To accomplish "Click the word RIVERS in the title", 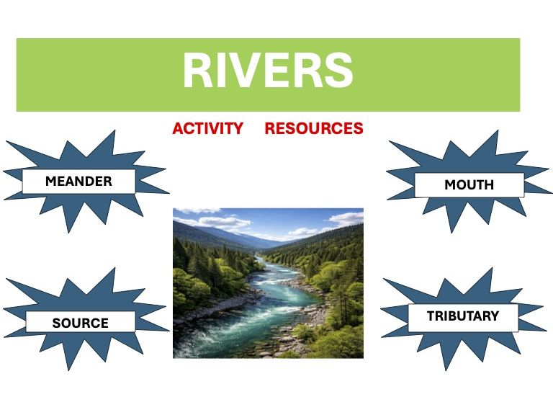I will click(268, 71).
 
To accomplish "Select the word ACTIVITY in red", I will click(207, 129).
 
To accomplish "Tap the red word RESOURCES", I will click(313, 129).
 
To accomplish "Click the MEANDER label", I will click(78, 182).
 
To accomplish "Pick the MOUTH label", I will click(469, 185).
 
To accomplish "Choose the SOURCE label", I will click(80, 323).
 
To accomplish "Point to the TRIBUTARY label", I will click(462, 316).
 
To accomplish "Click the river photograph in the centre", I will click(268, 283).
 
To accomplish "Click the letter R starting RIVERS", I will click(197, 71).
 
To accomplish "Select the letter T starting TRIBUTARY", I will click(431, 316).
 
